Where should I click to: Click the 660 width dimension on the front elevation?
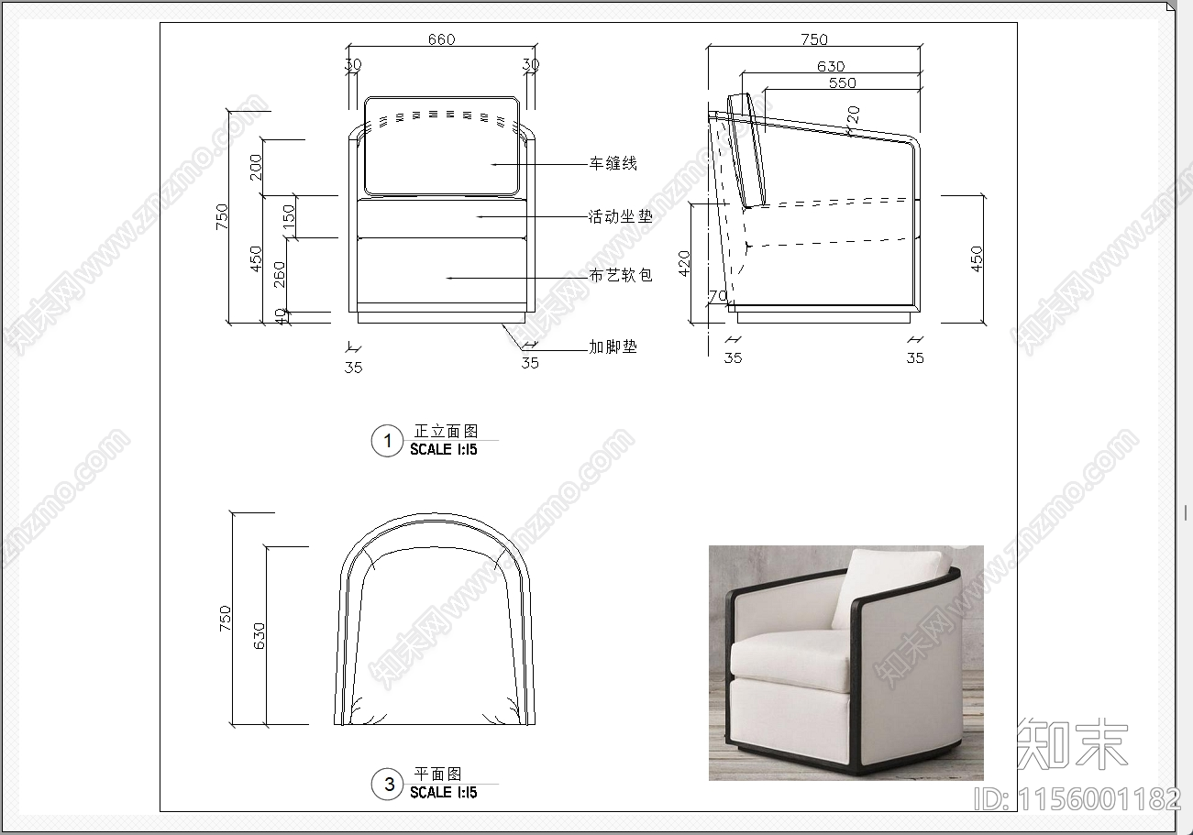[x=441, y=39]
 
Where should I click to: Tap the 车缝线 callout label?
[x=613, y=163]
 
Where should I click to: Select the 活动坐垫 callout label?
[x=621, y=216]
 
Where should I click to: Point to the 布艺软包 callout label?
[x=621, y=275]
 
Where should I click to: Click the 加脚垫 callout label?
[x=613, y=347]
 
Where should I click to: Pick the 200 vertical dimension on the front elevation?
[x=256, y=167]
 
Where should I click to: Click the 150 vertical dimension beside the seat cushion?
[x=288, y=216]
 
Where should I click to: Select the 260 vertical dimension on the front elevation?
[x=279, y=275]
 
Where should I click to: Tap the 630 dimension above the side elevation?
[x=831, y=67]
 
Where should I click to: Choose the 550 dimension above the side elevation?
[x=843, y=83]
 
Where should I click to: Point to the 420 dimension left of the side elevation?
[x=684, y=263]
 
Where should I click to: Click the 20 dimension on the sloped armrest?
[x=853, y=115]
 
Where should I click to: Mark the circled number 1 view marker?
[x=387, y=441]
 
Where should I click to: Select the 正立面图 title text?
[x=446, y=431]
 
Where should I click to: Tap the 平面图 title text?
[x=437, y=774]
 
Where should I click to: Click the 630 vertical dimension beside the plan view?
[x=259, y=636]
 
